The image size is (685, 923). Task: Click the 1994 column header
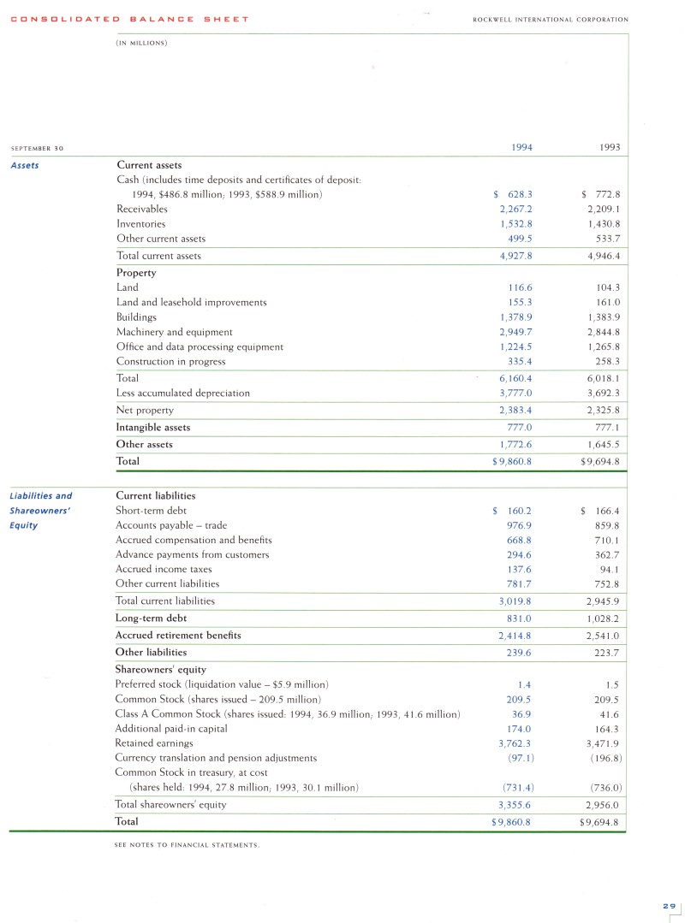521,147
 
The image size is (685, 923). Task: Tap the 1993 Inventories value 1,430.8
604,223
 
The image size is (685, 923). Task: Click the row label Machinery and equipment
174,331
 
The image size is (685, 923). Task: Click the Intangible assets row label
153,426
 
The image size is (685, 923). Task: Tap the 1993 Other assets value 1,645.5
604,444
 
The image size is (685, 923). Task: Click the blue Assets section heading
25,165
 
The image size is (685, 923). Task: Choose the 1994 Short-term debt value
513,511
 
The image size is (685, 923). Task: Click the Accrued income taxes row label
164,569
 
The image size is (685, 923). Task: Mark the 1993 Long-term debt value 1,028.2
604,618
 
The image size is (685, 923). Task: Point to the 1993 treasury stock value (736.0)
605,787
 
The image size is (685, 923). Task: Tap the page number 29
668,905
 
